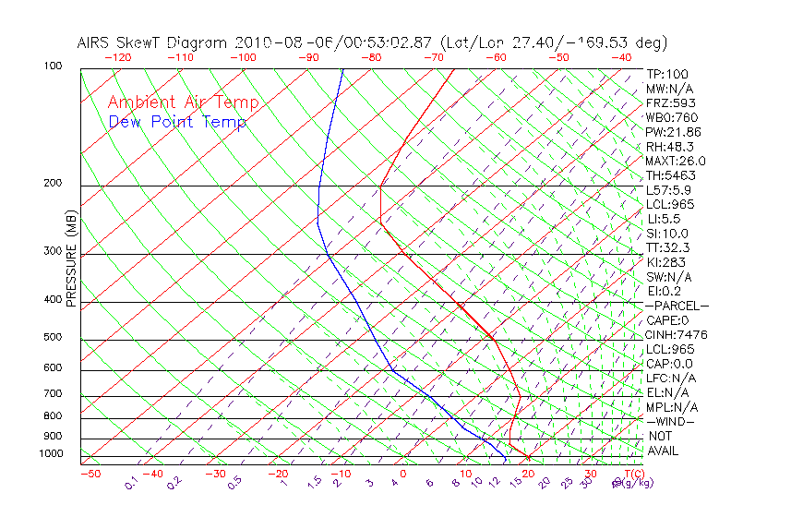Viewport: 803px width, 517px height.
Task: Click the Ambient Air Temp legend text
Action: click(183, 102)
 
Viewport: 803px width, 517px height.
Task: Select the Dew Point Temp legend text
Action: click(177, 122)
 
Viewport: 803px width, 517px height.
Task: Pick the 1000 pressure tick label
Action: click(52, 453)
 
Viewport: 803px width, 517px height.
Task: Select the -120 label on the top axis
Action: click(118, 57)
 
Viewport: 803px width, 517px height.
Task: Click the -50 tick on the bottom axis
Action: click(90, 474)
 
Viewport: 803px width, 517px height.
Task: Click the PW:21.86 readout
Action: click(674, 132)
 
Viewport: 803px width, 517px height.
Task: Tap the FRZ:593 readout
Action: click(671, 102)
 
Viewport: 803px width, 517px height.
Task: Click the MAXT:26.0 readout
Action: click(677, 161)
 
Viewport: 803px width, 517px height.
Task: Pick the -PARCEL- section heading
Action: click(677, 306)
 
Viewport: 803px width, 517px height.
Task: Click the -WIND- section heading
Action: click(670, 421)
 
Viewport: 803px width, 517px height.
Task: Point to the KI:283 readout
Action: click(667, 262)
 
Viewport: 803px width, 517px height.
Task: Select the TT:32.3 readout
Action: click(669, 247)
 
